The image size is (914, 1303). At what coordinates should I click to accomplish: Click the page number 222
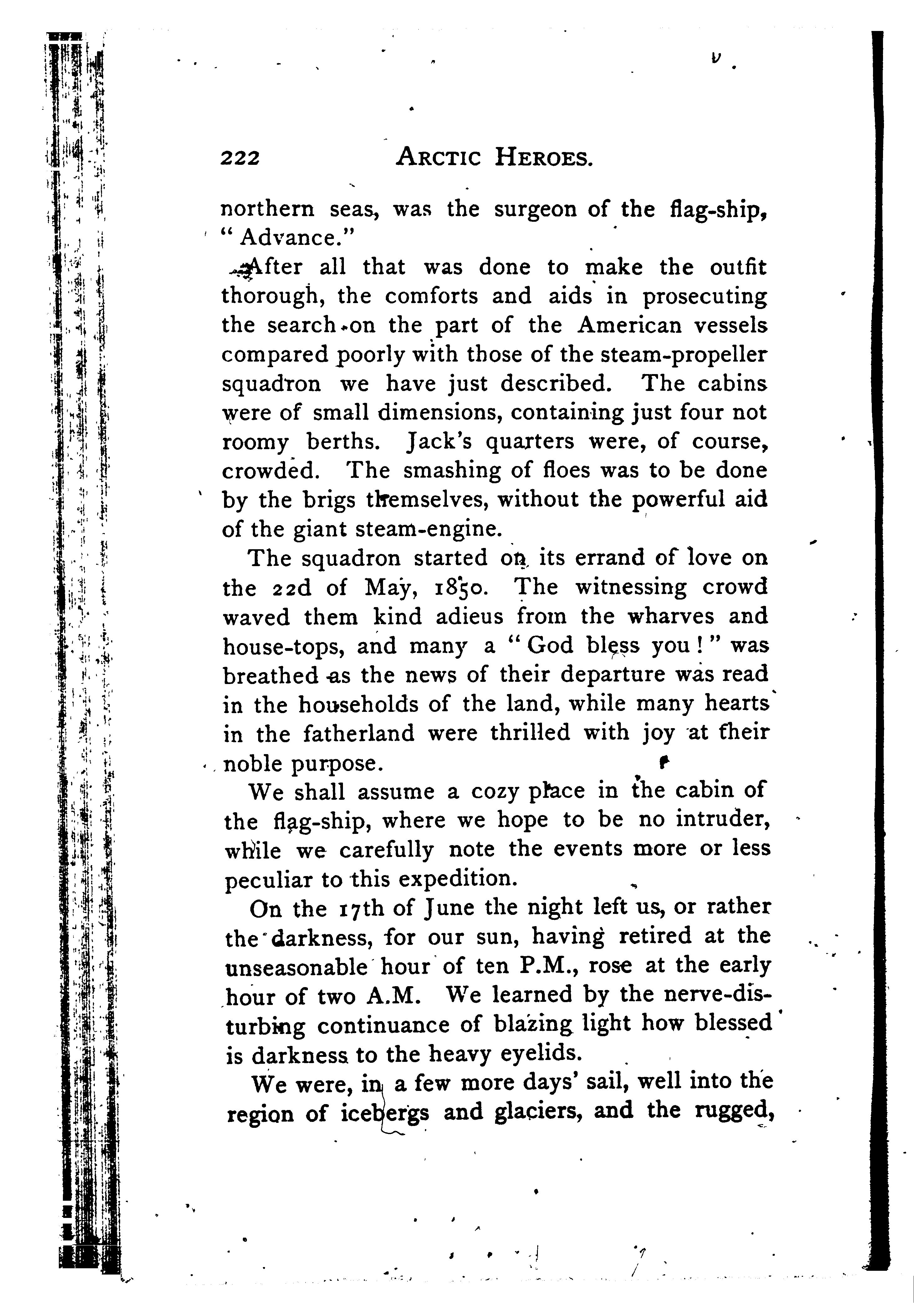(240, 158)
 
